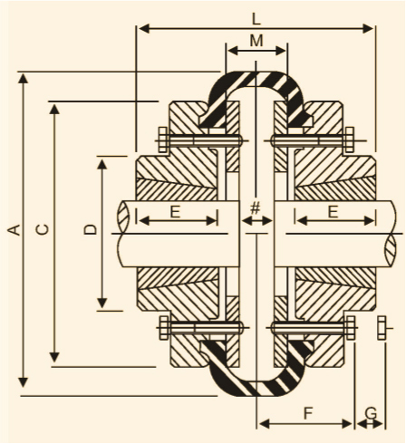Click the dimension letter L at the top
[x=256, y=19]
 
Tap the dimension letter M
[x=256, y=41]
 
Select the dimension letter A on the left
[x=14, y=230]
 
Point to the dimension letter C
[x=42, y=229]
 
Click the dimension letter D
[x=91, y=229]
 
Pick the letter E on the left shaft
[x=175, y=211]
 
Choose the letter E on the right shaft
[x=333, y=211]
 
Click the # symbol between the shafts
[x=256, y=208]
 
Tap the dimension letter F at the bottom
[x=307, y=413]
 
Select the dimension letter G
[x=371, y=413]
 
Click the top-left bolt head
[x=163, y=140]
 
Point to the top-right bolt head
[x=350, y=140]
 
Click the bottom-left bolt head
[x=164, y=328]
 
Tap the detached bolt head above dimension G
[x=382, y=328]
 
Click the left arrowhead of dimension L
[x=144, y=29]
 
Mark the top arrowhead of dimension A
[x=23, y=79]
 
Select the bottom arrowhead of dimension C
[x=54, y=357]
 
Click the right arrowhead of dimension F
[x=347, y=424]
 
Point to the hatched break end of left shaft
[x=123, y=217]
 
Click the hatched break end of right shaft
[x=391, y=251]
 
